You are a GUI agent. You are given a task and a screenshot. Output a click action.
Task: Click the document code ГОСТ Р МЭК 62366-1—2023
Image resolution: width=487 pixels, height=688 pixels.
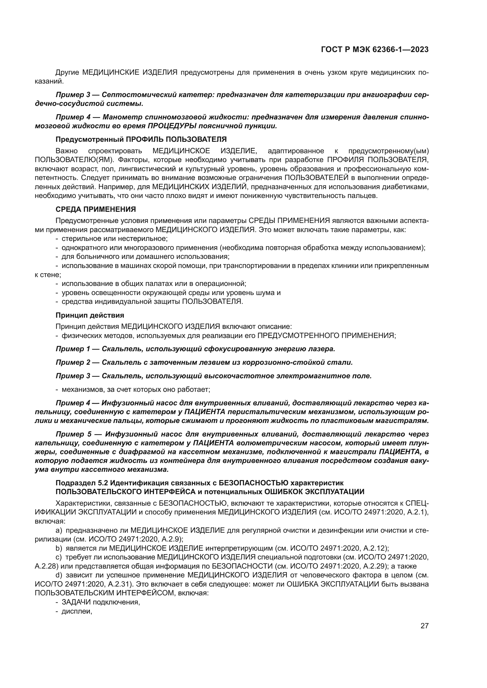tap(375, 49)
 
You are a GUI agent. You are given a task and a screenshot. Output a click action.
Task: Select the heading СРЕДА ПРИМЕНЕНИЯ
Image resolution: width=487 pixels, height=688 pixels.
tap(96, 209)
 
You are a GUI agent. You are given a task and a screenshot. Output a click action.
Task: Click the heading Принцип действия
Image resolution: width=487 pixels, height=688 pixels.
tap(90, 315)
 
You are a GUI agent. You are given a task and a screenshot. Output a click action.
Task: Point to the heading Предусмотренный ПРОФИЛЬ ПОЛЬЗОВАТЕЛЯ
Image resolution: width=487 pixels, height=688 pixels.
tap(141, 139)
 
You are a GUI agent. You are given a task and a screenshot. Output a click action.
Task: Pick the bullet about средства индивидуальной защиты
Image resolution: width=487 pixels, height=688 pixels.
tap(152, 301)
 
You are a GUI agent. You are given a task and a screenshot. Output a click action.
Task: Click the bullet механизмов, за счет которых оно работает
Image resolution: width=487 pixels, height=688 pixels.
tap(135, 389)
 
